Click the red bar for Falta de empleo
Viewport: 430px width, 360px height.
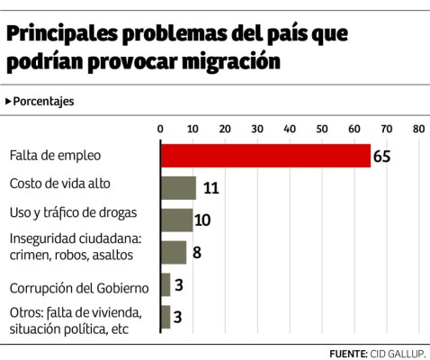point(264,155)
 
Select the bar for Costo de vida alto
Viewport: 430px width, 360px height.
point(177,187)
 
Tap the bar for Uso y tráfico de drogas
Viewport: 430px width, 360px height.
point(175,220)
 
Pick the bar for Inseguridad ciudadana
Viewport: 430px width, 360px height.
point(173,252)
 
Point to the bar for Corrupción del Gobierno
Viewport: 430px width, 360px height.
point(165,285)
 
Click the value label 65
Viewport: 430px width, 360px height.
point(381,156)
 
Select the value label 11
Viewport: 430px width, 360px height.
point(211,188)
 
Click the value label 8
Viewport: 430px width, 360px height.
point(196,253)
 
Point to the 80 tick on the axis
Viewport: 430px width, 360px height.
point(418,129)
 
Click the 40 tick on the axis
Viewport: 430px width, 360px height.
point(290,129)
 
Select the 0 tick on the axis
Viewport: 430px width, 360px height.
point(160,129)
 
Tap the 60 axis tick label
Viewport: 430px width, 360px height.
point(354,129)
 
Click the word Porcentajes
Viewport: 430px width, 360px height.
point(43,101)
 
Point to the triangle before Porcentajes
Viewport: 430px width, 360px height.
point(8,101)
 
